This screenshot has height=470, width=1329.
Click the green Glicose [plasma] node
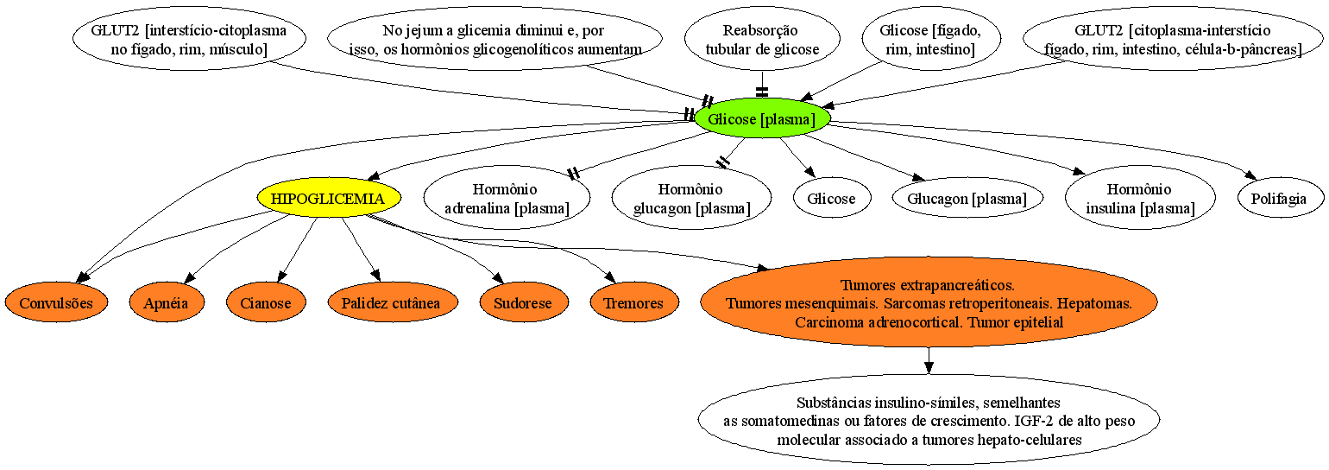click(762, 118)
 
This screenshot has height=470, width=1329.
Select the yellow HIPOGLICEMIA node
click(329, 198)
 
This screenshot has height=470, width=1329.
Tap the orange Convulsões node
click(57, 302)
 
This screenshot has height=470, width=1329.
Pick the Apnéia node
click(166, 302)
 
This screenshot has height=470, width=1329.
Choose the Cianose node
click(266, 302)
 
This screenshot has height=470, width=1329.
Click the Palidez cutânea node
click(392, 302)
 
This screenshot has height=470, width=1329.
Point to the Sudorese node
click(523, 302)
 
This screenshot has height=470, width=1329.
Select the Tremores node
click(633, 302)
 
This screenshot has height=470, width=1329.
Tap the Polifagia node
click(1280, 198)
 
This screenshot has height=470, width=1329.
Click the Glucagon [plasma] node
click(967, 198)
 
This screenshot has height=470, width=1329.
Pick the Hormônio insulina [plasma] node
click(1140, 198)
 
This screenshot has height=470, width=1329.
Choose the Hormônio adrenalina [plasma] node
click(507, 198)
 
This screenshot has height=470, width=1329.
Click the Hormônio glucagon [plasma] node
click(692, 198)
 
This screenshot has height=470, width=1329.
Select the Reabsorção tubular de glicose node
click(762, 39)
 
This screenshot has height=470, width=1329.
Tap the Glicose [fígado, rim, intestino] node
click(931, 39)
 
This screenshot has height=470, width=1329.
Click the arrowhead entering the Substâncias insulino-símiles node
click(929, 367)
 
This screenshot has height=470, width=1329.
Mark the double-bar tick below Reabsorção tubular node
click(762, 92)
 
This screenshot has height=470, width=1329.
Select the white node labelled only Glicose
click(832, 198)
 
